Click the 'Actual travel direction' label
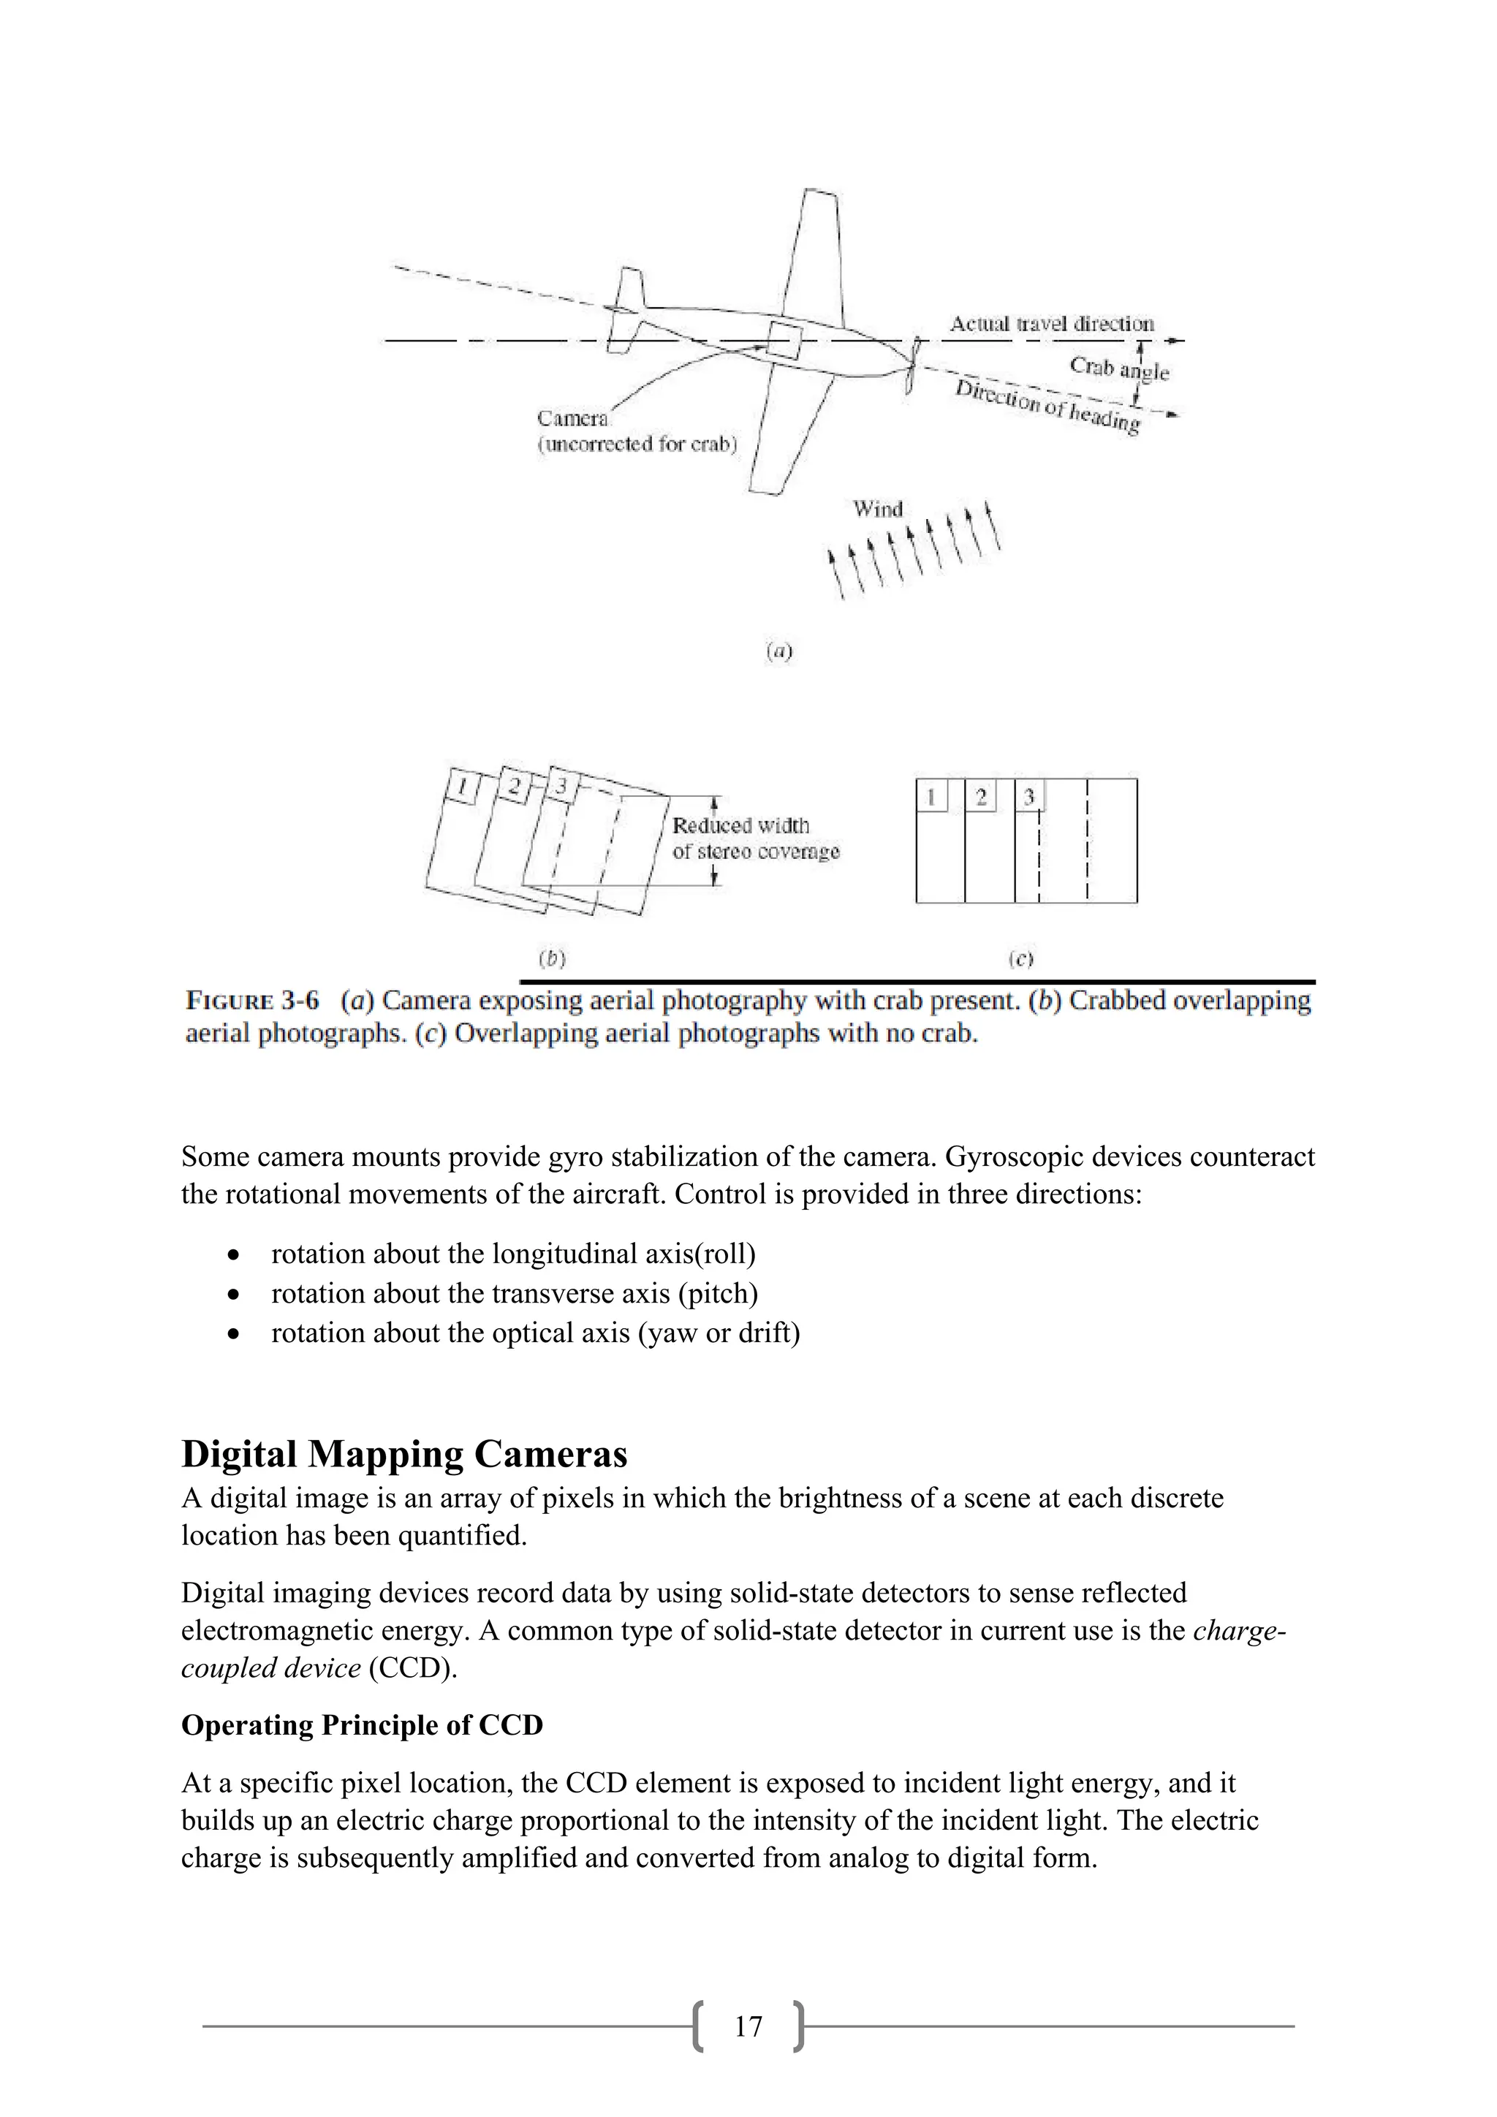[x=1051, y=324]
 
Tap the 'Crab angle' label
[x=1118, y=368]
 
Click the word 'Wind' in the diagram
[x=878, y=509]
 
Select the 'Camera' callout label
[x=572, y=419]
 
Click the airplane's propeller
[x=911, y=366]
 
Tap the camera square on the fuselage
[x=783, y=339]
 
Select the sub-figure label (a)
[x=779, y=651]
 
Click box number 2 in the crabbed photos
[x=512, y=787]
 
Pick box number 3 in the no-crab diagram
[x=1028, y=797]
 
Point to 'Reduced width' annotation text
[x=740, y=825]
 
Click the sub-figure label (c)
[x=1020, y=959]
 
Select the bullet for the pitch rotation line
[x=235, y=1295]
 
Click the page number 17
[x=748, y=2026]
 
